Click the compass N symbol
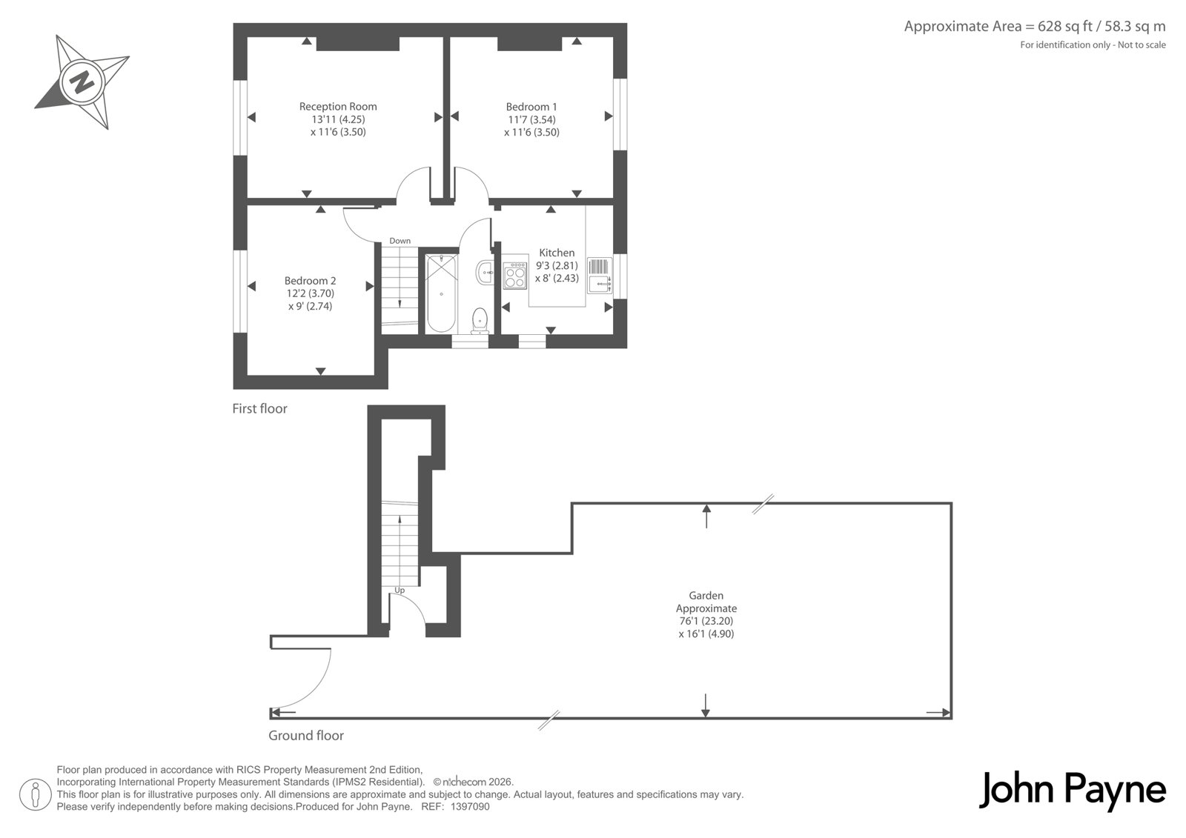point(82,82)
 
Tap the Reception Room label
point(338,107)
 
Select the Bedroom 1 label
point(531,107)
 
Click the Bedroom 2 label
point(311,281)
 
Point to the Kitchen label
point(557,253)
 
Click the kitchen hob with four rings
point(514,276)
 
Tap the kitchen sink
point(600,276)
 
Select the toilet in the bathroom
point(480,321)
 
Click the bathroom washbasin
point(485,272)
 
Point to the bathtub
point(441,293)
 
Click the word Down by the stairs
point(400,241)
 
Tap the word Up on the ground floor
point(400,591)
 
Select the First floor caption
point(259,409)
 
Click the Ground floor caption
point(306,735)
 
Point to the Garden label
point(706,596)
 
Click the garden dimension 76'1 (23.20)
point(706,621)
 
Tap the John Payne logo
point(1073,791)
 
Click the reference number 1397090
point(470,807)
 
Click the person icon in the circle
point(35,794)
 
